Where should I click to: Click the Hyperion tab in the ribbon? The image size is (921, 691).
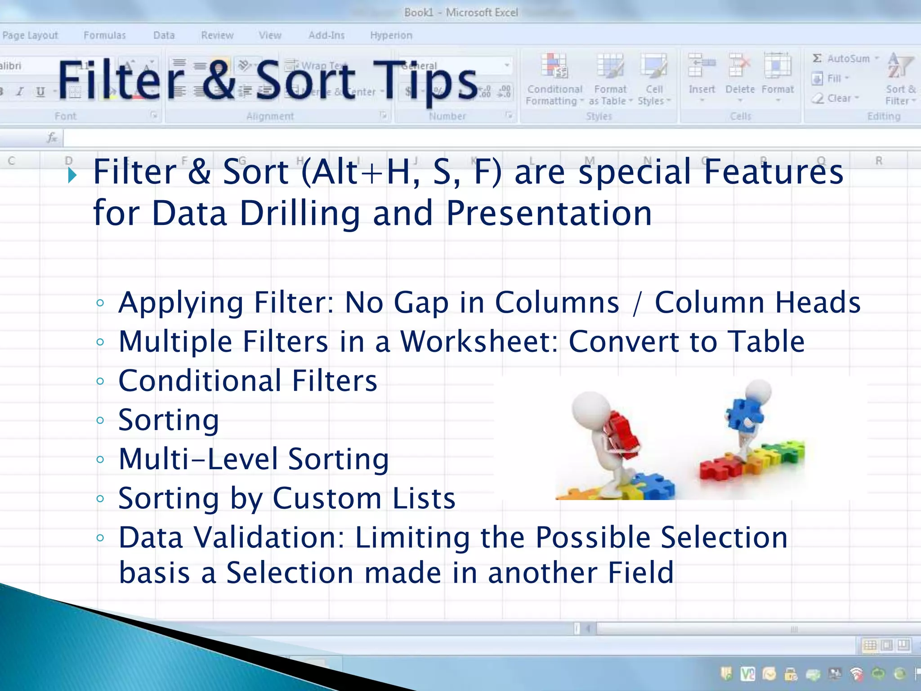(391, 35)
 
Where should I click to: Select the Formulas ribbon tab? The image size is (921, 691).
(104, 35)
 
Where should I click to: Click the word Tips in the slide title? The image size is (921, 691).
(425, 81)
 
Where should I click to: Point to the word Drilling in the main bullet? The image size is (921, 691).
(300, 213)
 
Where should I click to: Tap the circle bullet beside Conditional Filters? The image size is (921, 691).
(100, 381)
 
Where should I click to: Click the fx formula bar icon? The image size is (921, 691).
(52, 138)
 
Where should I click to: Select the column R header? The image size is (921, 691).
(878, 161)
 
